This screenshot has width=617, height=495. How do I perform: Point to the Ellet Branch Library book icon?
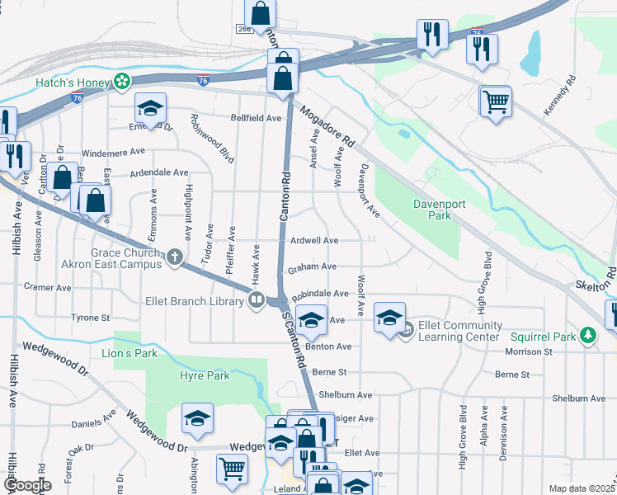coord(257,301)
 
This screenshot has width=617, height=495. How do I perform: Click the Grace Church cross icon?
coord(174,257)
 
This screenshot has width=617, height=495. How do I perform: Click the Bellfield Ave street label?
coord(256,118)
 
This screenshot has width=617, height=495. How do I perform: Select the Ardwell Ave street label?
coord(314,241)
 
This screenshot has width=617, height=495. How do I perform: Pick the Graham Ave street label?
coord(312,266)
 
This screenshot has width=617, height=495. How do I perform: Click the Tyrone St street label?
coord(91,318)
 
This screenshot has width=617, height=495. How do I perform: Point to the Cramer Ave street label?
coord(48,288)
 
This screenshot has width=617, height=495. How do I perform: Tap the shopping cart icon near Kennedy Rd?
coord(495,102)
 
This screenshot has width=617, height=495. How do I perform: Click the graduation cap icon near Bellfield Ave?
coord(151,109)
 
